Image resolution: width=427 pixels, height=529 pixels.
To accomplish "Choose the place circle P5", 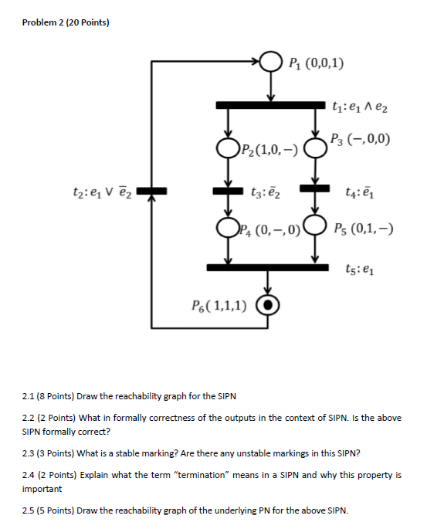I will [x=314, y=227].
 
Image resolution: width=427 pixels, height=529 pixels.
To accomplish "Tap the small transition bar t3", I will [x=229, y=189].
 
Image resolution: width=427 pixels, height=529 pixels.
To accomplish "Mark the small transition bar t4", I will [x=314, y=188].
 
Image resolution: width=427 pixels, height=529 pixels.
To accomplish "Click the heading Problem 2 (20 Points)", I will [x=66, y=22].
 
